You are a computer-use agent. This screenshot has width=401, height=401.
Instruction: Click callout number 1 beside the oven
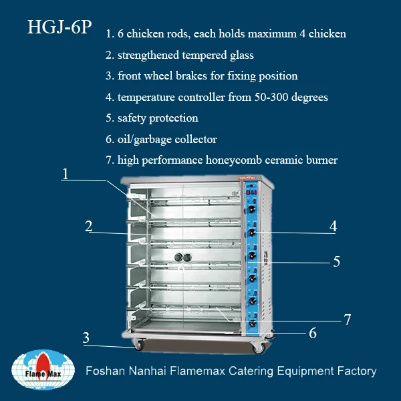(65, 174)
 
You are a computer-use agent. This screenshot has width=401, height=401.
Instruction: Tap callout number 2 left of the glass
(88, 226)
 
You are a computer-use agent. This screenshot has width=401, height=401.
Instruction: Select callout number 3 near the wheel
(86, 338)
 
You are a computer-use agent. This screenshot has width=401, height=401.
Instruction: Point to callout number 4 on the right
(332, 227)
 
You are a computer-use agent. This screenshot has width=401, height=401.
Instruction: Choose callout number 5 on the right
(337, 261)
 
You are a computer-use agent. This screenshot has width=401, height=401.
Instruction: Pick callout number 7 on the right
(347, 319)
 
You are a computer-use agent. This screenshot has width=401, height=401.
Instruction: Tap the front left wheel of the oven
(138, 345)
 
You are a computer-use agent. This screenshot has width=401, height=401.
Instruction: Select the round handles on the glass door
(182, 257)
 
